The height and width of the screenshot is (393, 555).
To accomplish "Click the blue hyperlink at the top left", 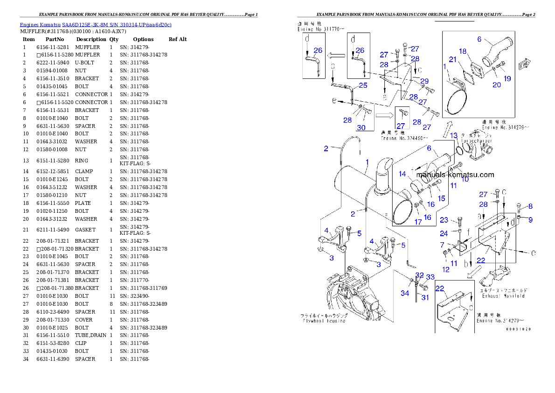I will point(96,24).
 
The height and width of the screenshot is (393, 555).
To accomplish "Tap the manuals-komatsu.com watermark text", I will point(455,175).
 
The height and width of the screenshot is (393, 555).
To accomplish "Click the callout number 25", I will point(363,85).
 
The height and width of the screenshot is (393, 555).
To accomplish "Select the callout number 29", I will point(424,81).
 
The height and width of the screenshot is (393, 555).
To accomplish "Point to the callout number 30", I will point(361,127).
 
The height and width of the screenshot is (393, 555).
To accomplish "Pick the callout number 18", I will point(462,51).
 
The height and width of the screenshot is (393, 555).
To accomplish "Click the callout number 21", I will point(452,59).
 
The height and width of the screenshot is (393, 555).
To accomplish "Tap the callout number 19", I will point(507,78).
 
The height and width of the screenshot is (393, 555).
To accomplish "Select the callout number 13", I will point(454,135).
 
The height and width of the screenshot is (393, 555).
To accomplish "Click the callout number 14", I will point(402,174).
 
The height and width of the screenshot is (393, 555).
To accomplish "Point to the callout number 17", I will point(418,222).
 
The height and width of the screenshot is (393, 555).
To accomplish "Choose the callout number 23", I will point(444,220).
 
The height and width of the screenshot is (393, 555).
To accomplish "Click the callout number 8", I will point(530,206).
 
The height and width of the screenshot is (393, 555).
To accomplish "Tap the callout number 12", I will point(446,269).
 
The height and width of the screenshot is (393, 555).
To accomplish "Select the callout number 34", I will point(404,293).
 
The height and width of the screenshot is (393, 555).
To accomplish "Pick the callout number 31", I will point(425,297).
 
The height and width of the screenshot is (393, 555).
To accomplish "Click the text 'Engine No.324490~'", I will point(404,138).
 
